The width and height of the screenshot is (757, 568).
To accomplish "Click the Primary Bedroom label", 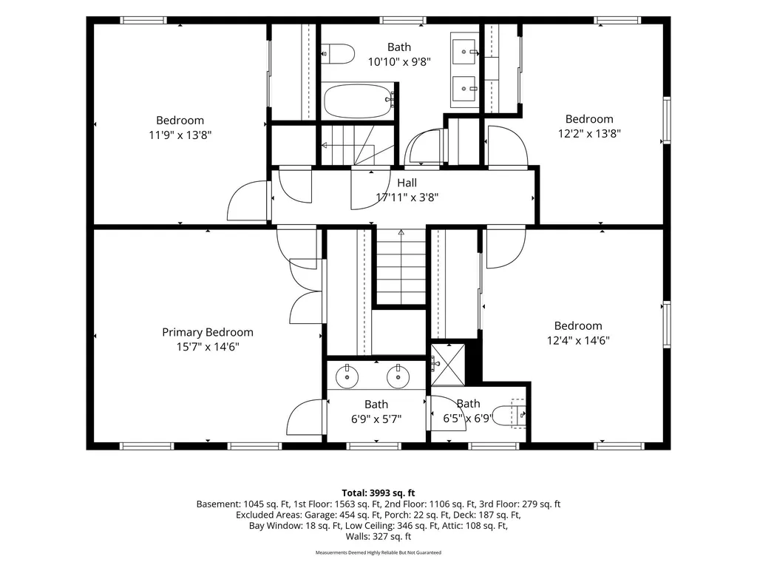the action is click(208, 332).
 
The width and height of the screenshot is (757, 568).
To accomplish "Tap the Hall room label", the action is click(407, 183).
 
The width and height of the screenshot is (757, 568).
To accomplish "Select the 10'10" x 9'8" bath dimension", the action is click(399, 62).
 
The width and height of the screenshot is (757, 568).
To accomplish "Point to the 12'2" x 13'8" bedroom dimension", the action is click(589, 133).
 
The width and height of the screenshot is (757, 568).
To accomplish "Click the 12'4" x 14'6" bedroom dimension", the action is click(578, 340).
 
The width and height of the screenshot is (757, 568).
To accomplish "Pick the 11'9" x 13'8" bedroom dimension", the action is click(180, 135).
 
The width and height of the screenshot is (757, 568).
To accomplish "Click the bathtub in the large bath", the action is click(359, 101).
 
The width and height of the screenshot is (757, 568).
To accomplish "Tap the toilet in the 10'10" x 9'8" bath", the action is click(338, 54).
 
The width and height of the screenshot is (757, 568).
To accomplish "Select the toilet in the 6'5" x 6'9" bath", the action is click(511, 414).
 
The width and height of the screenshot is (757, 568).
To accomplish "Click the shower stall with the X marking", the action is click(448, 365).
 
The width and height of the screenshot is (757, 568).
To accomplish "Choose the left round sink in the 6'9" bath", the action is click(347, 376).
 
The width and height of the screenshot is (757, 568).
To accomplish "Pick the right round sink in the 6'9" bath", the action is click(398, 376).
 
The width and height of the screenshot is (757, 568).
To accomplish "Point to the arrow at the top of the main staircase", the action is click(401, 232).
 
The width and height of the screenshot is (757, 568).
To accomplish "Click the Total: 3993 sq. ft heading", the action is click(378, 493).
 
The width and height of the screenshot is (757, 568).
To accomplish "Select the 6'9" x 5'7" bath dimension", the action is click(376, 419).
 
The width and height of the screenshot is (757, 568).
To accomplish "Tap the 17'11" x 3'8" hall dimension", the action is click(407, 197).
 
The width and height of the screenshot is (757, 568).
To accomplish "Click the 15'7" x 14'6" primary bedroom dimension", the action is click(208, 347).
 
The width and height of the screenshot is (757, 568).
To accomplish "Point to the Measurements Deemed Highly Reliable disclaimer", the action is click(378, 552).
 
